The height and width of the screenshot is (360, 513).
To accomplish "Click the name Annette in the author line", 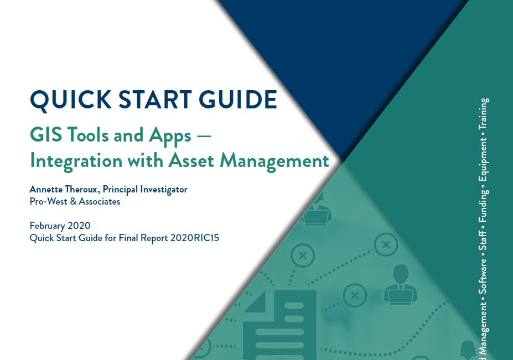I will [x=45, y=190].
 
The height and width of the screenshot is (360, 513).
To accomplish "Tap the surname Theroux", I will [x=81, y=190].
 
